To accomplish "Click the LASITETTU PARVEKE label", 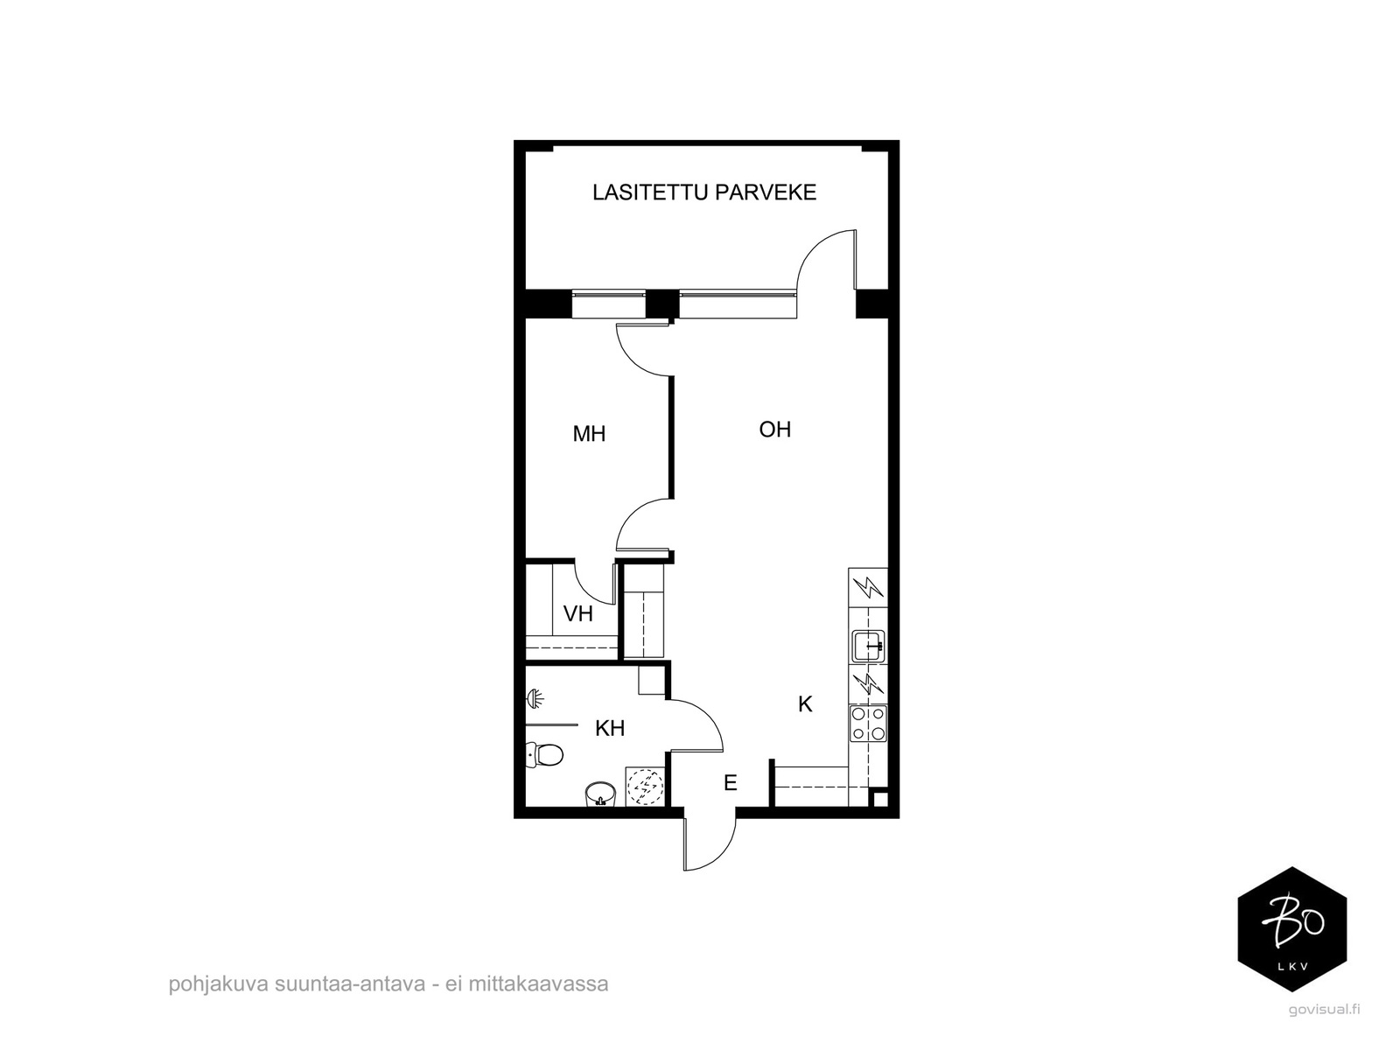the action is click(704, 192).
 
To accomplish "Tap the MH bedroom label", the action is click(589, 434).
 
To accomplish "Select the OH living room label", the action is click(775, 430).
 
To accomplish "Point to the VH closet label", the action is click(577, 614).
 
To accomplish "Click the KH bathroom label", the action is click(610, 728).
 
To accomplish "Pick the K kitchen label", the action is click(805, 703).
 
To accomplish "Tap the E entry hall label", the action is click(731, 782).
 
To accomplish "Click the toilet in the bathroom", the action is click(544, 755).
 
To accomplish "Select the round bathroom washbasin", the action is click(600, 794).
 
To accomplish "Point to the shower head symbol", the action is click(535, 699).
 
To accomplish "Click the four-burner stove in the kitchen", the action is click(868, 724).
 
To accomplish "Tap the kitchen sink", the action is click(868, 646).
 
